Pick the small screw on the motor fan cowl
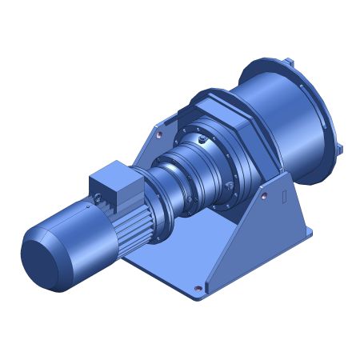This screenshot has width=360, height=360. pyautogui.click(x=83, y=206)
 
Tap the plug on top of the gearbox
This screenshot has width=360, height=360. pyautogui.click(x=206, y=141)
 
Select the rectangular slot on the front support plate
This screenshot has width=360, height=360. pyautogui.click(x=285, y=197)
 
